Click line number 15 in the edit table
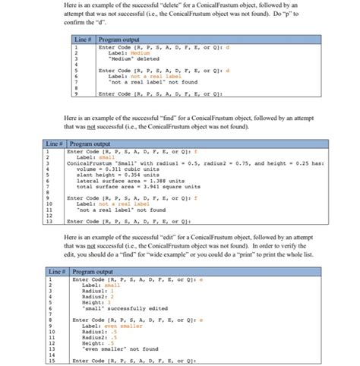[55, 361]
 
